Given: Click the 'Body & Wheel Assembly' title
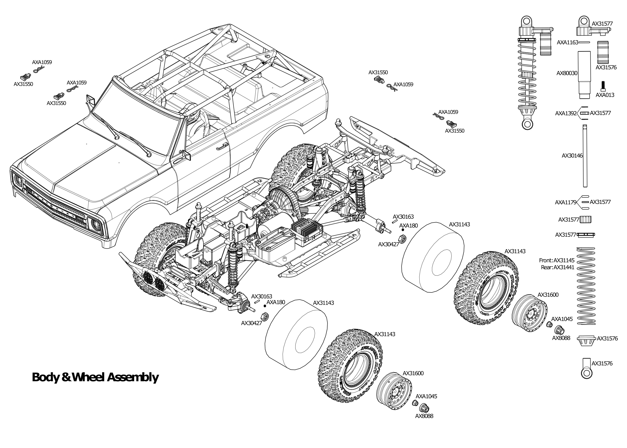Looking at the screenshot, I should coord(95,377).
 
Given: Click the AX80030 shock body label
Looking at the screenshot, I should coord(567,73).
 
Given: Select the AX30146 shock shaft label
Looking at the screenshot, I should coord(572,156).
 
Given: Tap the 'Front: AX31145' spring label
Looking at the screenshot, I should coord(556,260).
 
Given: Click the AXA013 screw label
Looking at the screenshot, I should coord(605,95).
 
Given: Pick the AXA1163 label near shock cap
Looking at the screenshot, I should coord(567,42).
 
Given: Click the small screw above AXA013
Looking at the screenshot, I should coord(603,86).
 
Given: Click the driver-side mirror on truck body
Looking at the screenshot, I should coord(90,100).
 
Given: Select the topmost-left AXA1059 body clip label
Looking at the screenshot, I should coord(42,62).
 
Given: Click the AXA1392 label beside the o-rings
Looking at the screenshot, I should coord(565,113).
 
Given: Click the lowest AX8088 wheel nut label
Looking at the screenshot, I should coord(424,416).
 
